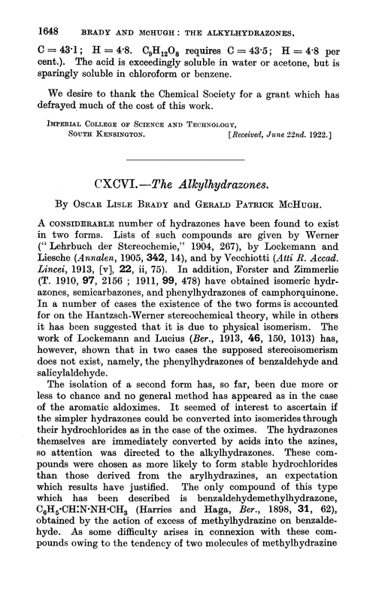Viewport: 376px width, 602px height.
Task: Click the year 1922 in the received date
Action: (328, 136)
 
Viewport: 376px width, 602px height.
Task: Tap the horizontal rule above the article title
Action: (187, 160)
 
